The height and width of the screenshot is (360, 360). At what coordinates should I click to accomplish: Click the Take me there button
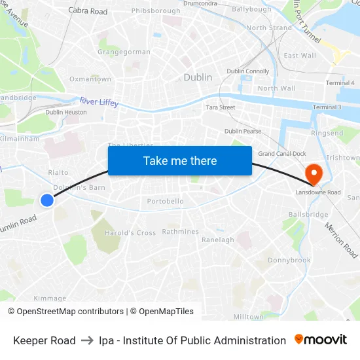click(x=180, y=161)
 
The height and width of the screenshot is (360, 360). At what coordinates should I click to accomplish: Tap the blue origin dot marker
click(x=47, y=200)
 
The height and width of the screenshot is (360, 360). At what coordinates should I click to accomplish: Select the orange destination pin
click(x=314, y=173)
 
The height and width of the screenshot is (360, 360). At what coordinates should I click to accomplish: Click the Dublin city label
click(x=198, y=77)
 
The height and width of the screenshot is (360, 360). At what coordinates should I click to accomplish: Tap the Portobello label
click(x=165, y=201)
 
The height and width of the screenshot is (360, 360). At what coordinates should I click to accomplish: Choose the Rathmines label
click(x=180, y=232)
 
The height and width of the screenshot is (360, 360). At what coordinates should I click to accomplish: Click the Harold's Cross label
click(x=130, y=233)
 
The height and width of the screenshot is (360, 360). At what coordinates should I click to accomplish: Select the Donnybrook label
click(x=289, y=260)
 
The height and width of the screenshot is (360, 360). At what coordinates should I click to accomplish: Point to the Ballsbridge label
click(x=308, y=215)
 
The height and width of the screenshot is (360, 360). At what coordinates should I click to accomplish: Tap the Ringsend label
click(x=327, y=134)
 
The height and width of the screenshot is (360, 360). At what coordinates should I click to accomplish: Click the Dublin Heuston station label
click(x=66, y=112)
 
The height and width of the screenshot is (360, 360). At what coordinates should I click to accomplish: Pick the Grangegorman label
click(x=124, y=52)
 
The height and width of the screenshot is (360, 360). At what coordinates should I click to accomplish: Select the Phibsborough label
click(x=156, y=11)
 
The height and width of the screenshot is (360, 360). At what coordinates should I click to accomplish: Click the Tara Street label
click(x=221, y=107)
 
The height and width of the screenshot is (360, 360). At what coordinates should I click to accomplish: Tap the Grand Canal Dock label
click(x=282, y=154)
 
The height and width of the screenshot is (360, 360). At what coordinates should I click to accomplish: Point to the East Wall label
click(x=300, y=56)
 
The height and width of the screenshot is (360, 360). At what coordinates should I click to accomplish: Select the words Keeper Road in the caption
click(x=45, y=340)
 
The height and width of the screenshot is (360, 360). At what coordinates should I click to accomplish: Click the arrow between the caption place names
click(x=87, y=340)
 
